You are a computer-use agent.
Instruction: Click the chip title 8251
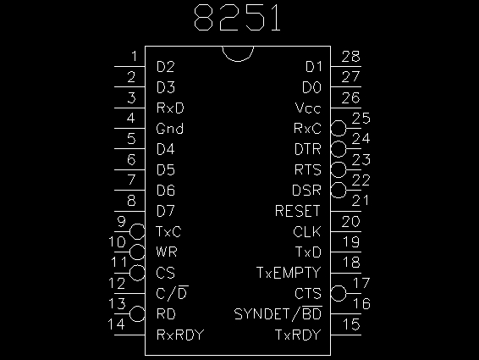[x=237, y=18]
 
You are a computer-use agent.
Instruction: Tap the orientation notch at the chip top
[x=238, y=61]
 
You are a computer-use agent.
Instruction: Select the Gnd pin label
[x=170, y=129]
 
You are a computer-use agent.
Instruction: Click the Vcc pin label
[x=308, y=108]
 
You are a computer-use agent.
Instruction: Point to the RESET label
[x=297, y=211]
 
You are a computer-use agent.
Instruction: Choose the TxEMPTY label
[x=289, y=273]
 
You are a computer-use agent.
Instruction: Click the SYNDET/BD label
[x=278, y=313]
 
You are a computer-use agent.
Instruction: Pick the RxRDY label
[x=180, y=335]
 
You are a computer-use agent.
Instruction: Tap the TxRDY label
[x=298, y=335]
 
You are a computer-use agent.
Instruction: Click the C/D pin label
[x=172, y=293]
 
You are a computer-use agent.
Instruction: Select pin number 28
[x=351, y=57]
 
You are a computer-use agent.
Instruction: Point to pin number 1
[x=134, y=56]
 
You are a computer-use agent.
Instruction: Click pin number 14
[x=117, y=324]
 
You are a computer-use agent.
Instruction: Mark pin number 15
[x=351, y=324]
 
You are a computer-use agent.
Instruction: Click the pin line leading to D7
[x=129, y=211]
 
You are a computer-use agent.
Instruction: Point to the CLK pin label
[x=307, y=231]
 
